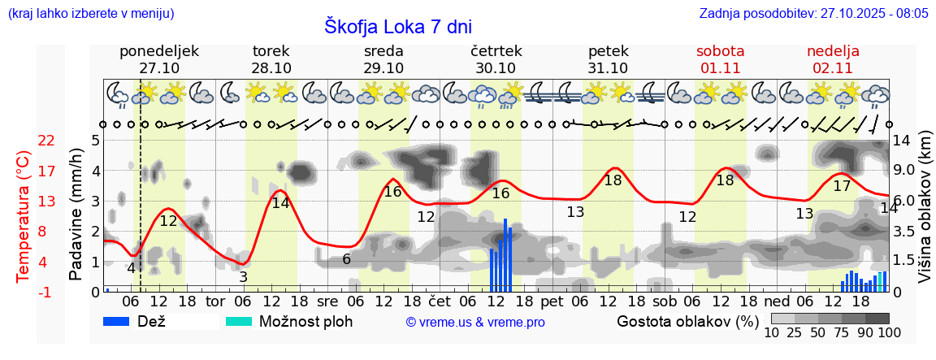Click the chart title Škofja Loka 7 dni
point(397,27)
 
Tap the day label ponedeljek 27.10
point(159,59)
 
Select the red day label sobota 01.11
point(720,59)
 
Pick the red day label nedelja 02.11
point(833,59)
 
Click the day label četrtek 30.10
point(496,59)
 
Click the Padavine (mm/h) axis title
point(76,215)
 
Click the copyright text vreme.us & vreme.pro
point(475,322)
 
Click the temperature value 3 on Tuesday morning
point(243,277)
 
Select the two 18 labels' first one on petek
point(613,180)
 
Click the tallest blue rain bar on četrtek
point(505,255)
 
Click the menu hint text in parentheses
point(90,14)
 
